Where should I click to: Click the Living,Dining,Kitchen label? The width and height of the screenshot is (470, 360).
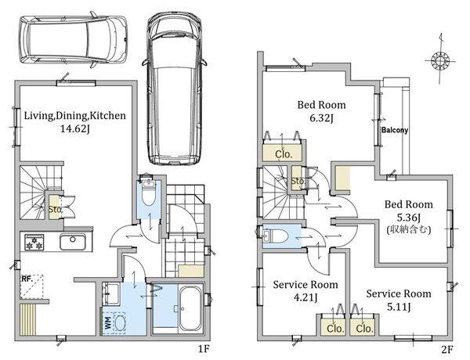pyautogui.click(x=74, y=116)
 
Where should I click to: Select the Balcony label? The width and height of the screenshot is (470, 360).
pyautogui.click(x=395, y=131)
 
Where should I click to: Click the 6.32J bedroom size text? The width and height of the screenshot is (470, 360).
pyautogui.click(x=321, y=118)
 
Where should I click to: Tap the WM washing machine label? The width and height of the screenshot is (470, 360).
pyautogui.click(x=107, y=320)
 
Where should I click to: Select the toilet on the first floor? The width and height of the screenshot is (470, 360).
pyautogui.click(x=150, y=192)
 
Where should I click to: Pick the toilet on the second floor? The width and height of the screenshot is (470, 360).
pyautogui.click(x=273, y=236)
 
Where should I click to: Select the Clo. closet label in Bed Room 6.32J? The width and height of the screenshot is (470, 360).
pyautogui.click(x=283, y=155)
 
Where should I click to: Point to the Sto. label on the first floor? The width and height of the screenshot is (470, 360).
pyautogui.click(x=55, y=210)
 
